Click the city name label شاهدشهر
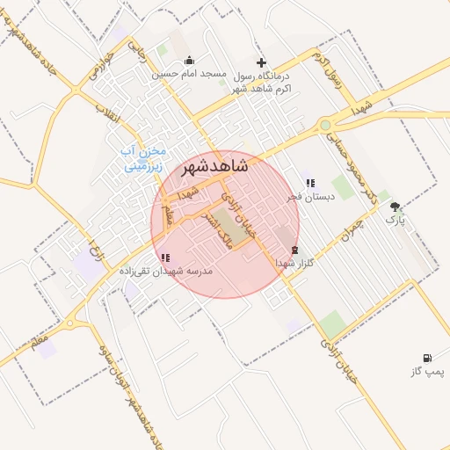pyautogui.click(x=213, y=166)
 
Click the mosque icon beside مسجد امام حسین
pyautogui.click(x=189, y=62)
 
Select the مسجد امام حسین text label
pyautogui.click(x=190, y=75)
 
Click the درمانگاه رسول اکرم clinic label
pyautogui.click(x=265, y=82)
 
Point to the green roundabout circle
pyautogui.click(x=327, y=126)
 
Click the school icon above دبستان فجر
pyautogui.click(x=310, y=183)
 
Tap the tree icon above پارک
pyautogui.click(x=396, y=207)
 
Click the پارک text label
pyautogui.click(x=397, y=220)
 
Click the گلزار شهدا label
pyautogui.click(x=295, y=263)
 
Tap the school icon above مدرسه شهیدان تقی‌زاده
pyautogui.click(x=164, y=258)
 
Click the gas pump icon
pyautogui.click(x=427, y=358)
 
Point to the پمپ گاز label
pyautogui.click(x=428, y=372)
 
